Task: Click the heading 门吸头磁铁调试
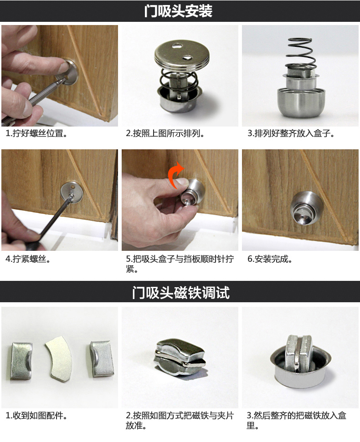[x=180, y=292]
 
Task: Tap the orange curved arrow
[x=175, y=175]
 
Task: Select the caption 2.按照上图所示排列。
[x=165, y=134]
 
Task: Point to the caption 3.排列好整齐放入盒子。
[x=291, y=134]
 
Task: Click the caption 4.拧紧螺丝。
[x=28, y=259]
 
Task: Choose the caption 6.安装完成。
[x=270, y=259]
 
